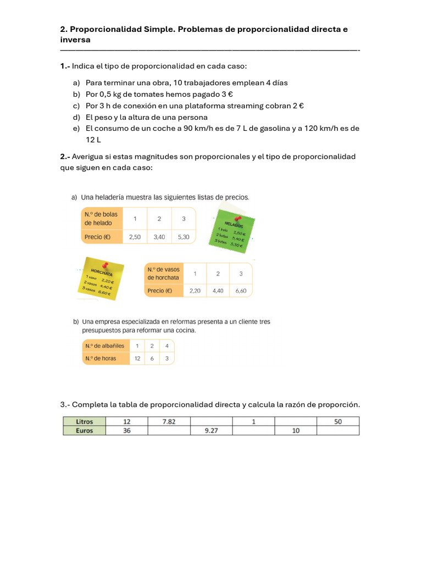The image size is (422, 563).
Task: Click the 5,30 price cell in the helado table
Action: [x=184, y=237]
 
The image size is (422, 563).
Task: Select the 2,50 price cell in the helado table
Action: [x=135, y=237]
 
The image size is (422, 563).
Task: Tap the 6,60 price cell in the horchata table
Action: [x=241, y=291]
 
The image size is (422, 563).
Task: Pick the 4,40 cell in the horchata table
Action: [x=218, y=291]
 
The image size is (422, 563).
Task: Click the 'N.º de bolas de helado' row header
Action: [x=101, y=218]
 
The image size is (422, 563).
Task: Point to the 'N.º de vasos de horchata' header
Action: [x=164, y=273]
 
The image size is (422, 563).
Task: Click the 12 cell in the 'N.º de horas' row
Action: [x=137, y=358]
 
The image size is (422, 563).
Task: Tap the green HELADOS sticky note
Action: [x=231, y=231]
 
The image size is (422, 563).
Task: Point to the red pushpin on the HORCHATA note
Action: [x=104, y=265]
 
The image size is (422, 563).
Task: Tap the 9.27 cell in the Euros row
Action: [x=211, y=431]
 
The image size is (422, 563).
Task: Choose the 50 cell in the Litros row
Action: [x=337, y=422]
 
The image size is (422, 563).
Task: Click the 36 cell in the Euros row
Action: [x=127, y=431]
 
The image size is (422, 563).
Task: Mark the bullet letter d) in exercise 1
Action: [x=76, y=117]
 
